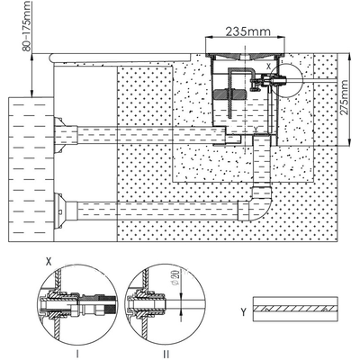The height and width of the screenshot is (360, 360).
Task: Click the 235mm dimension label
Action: [247, 31]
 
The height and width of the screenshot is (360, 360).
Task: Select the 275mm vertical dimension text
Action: [345, 98]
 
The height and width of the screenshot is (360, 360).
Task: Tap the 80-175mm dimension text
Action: [26, 26]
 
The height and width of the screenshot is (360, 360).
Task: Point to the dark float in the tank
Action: [230, 94]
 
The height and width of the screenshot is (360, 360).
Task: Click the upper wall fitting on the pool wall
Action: [58, 135]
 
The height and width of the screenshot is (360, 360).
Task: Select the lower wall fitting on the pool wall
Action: [59, 212]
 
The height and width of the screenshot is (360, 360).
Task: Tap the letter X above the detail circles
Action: [49, 262]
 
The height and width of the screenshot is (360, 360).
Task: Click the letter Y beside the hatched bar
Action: [243, 312]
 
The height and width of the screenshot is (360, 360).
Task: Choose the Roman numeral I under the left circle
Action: [77, 355]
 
